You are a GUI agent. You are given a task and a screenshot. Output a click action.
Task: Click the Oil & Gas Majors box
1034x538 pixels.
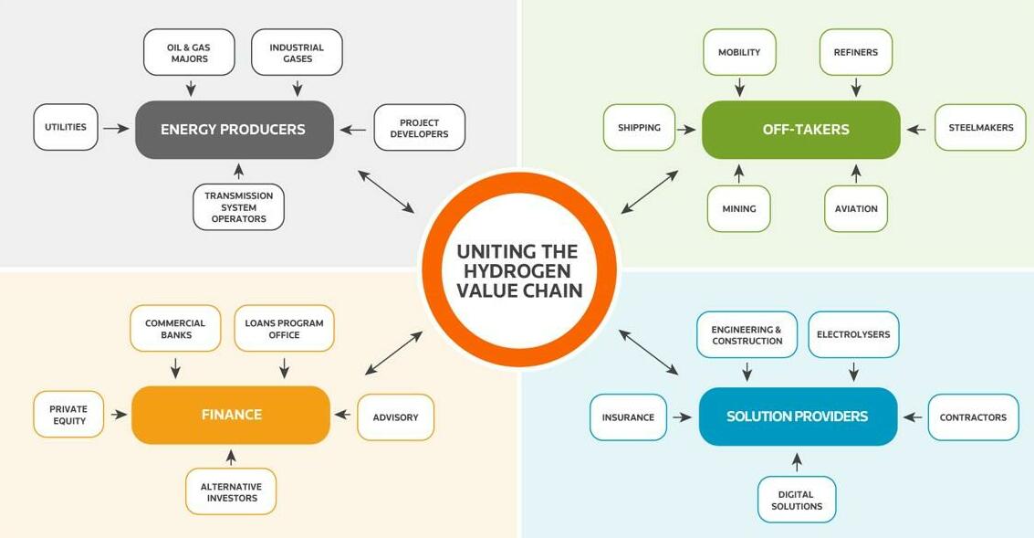(189, 53)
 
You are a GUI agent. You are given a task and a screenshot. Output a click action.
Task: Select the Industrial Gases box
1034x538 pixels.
(297, 53)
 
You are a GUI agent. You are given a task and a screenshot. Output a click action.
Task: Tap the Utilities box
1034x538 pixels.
(66, 127)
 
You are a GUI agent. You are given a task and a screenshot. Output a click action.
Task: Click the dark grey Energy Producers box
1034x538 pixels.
(235, 130)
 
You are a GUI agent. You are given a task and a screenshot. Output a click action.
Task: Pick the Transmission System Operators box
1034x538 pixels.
(239, 207)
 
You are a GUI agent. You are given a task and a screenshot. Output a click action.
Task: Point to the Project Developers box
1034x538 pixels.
(420, 128)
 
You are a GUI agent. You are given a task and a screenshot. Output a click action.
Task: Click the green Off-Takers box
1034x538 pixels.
(801, 130)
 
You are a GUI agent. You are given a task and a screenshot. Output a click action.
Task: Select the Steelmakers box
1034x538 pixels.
(980, 127)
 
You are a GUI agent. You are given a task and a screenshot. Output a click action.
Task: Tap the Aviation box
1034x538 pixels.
(856, 208)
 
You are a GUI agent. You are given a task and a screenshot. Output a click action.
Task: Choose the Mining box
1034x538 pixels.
(738, 208)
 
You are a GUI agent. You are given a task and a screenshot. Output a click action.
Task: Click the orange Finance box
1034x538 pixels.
(231, 415)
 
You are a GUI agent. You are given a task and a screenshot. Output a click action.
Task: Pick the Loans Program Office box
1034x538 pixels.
(284, 329)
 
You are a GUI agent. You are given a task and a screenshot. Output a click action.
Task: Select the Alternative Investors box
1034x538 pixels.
(231, 491)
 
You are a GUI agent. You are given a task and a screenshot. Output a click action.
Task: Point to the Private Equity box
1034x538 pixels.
(68, 415)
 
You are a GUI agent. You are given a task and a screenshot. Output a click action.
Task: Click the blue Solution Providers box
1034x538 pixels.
(798, 417)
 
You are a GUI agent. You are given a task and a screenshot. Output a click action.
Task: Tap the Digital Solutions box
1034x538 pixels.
(797, 500)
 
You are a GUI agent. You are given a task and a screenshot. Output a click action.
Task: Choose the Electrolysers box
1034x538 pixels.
(853, 334)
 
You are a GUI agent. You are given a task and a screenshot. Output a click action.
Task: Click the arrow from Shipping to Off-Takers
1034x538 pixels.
(685, 130)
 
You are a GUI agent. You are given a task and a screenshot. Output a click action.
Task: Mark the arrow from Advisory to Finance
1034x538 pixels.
(343, 415)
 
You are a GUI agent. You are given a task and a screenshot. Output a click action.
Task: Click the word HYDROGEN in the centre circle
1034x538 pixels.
(517, 270)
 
